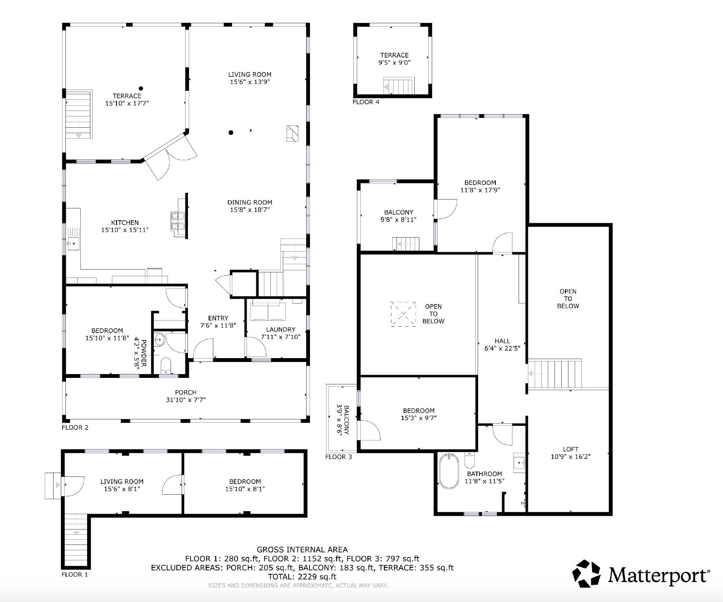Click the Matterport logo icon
click(x=587, y=574)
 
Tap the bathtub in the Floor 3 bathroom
click(x=448, y=471)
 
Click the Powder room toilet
click(x=166, y=365)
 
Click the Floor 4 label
click(x=366, y=102)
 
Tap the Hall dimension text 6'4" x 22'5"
click(x=502, y=348)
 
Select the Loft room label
click(x=570, y=449)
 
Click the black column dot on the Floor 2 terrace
click(x=141, y=88)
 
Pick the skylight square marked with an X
click(x=403, y=314)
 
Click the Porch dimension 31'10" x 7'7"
click(x=186, y=400)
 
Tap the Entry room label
click(x=218, y=318)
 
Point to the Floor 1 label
click(x=75, y=575)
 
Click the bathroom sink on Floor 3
click(x=519, y=464)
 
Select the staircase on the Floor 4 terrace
click(x=399, y=87)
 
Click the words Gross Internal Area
click(x=302, y=550)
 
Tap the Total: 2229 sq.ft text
click(x=302, y=576)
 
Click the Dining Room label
click(x=250, y=202)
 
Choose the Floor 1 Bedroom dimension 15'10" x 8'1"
click(x=245, y=489)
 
